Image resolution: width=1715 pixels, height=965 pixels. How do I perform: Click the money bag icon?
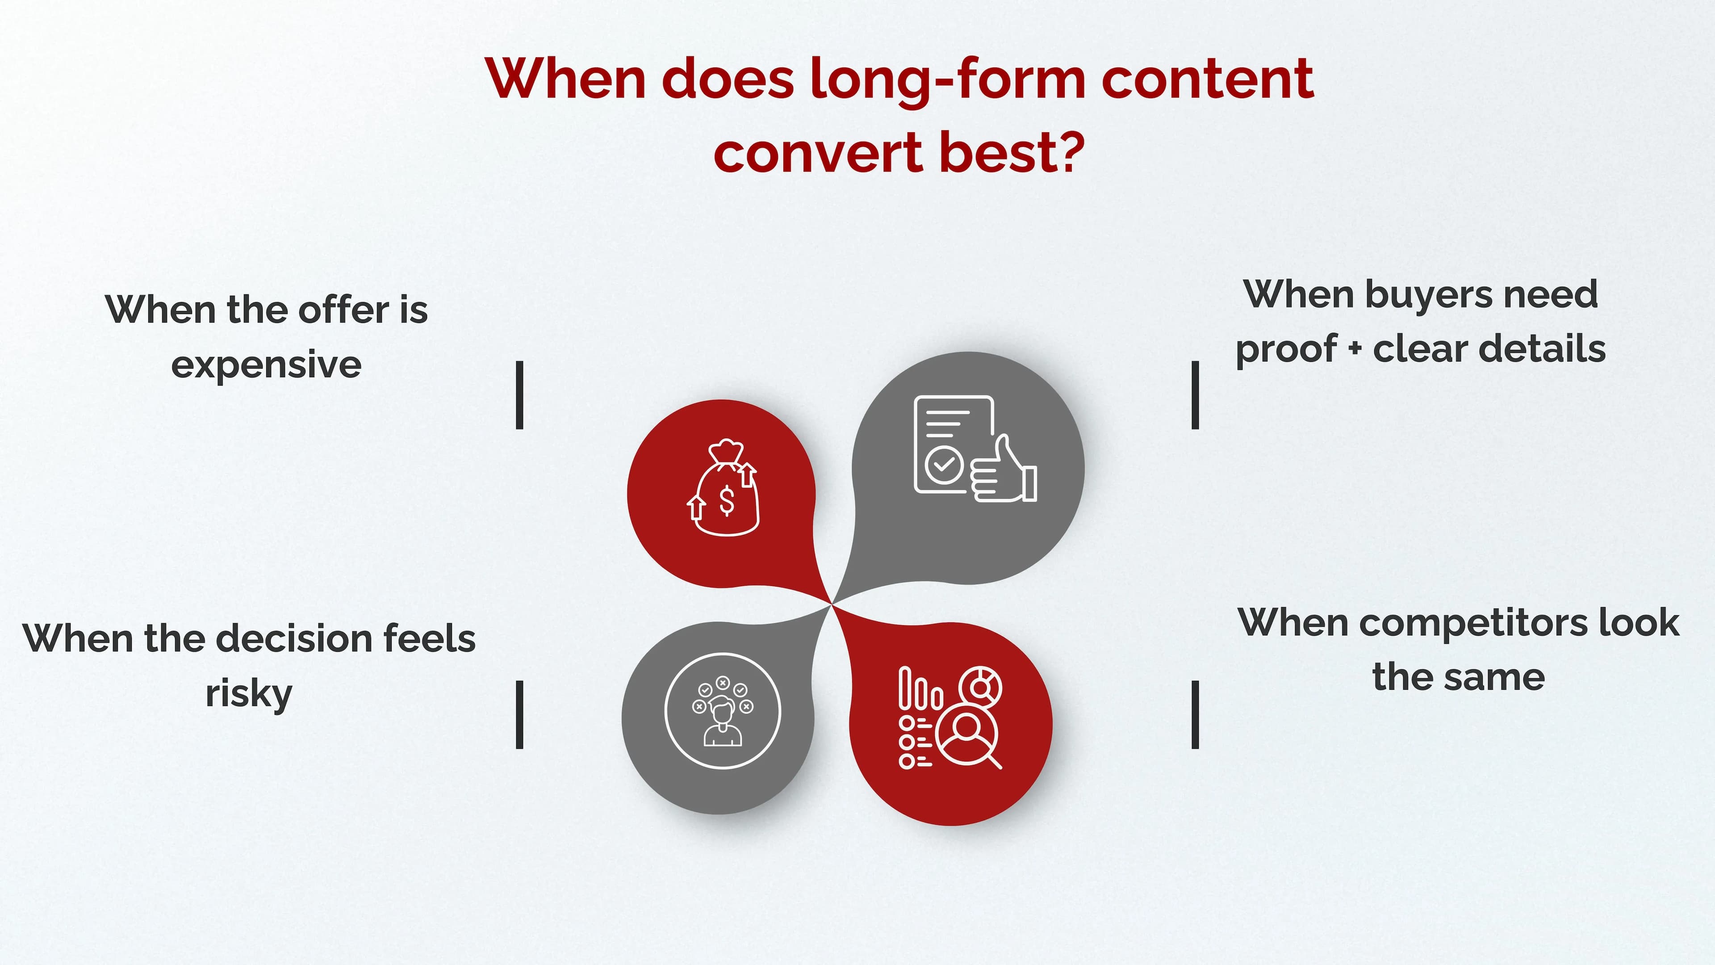(x=724, y=490)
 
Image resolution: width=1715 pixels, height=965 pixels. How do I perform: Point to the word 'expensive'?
(x=266, y=365)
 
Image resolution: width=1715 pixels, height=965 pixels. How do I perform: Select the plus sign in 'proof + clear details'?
(x=1355, y=349)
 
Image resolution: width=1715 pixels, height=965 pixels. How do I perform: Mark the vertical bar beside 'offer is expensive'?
(x=520, y=395)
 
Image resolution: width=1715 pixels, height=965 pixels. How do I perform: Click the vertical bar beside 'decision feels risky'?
(x=520, y=715)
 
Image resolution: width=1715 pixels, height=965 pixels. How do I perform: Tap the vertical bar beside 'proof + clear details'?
(x=1195, y=395)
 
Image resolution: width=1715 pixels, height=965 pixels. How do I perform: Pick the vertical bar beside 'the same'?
(x=1195, y=715)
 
